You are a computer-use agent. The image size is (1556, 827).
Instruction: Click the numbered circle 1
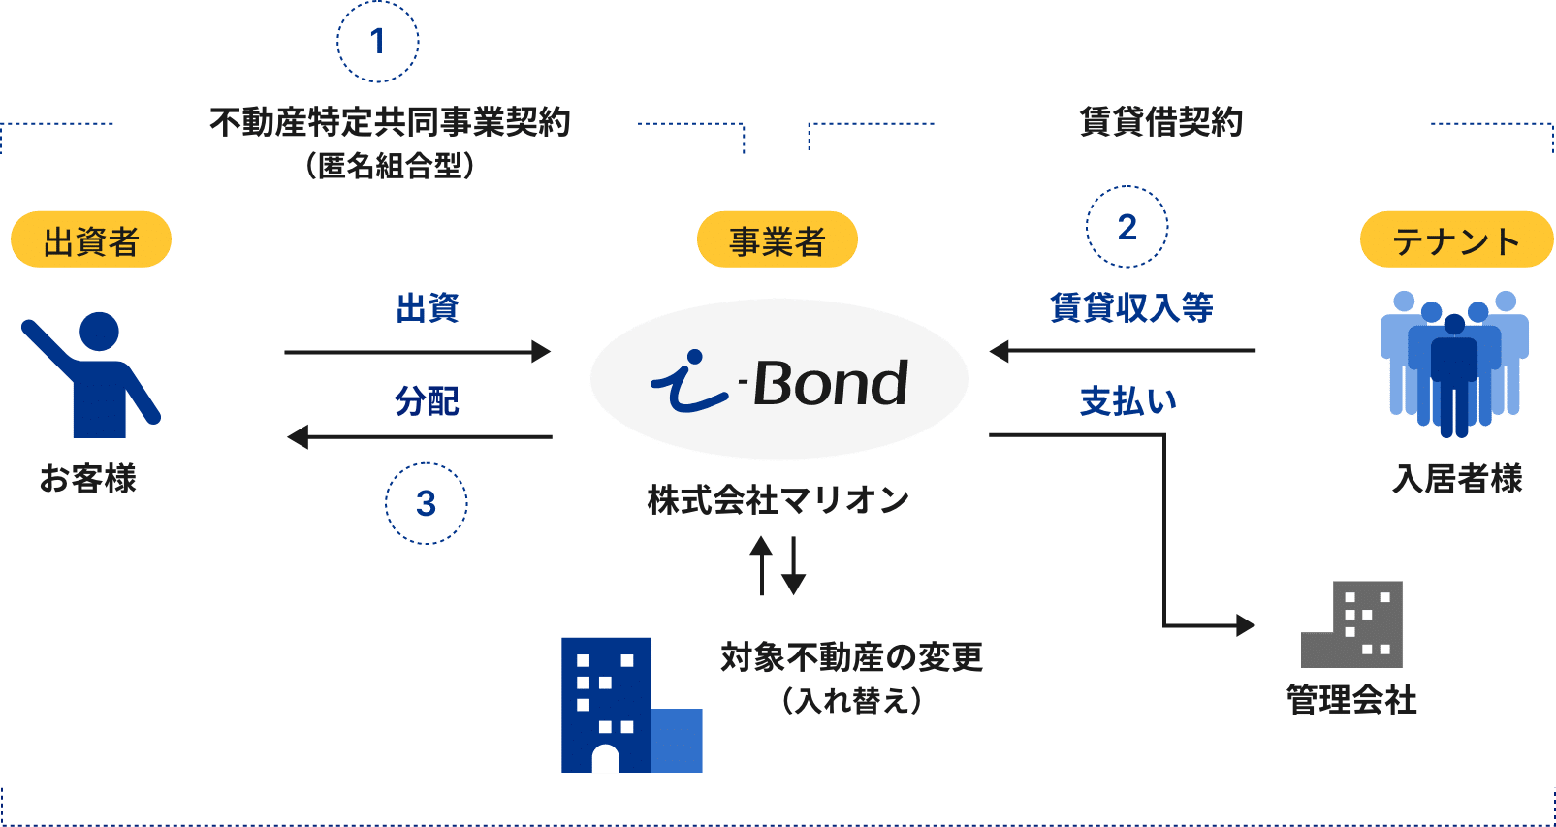coord(377,42)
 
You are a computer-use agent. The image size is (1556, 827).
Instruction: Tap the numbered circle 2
coord(1127,228)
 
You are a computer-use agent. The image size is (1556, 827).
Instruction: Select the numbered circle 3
coord(426,504)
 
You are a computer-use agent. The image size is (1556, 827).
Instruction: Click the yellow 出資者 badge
coord(91,239)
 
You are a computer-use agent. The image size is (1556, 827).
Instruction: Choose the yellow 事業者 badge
coord(777,239)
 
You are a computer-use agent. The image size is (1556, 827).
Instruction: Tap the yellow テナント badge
coord(1456,239)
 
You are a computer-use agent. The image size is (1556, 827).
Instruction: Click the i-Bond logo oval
coord(778,379)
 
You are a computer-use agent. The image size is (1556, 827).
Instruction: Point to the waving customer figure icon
coord(92,373)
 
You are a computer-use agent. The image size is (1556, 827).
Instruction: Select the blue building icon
coord(630,705)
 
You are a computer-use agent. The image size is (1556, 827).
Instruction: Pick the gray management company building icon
coord(1353,624)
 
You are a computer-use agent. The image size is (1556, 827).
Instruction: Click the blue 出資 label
coord(428,308)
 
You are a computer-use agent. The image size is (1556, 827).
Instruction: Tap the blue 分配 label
coord(427,400)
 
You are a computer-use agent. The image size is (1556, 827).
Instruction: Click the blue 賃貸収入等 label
coord(1131,307)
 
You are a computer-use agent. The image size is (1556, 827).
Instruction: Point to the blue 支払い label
coord(1128,400)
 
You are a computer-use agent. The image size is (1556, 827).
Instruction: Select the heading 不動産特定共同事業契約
coord(390,123)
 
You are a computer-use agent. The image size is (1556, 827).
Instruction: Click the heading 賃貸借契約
coord(1160,123)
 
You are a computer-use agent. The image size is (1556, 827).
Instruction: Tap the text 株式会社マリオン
coord(778,500)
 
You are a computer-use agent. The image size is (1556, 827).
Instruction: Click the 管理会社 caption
coord(1351,699)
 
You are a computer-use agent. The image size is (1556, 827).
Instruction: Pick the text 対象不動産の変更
coord(851,657)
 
